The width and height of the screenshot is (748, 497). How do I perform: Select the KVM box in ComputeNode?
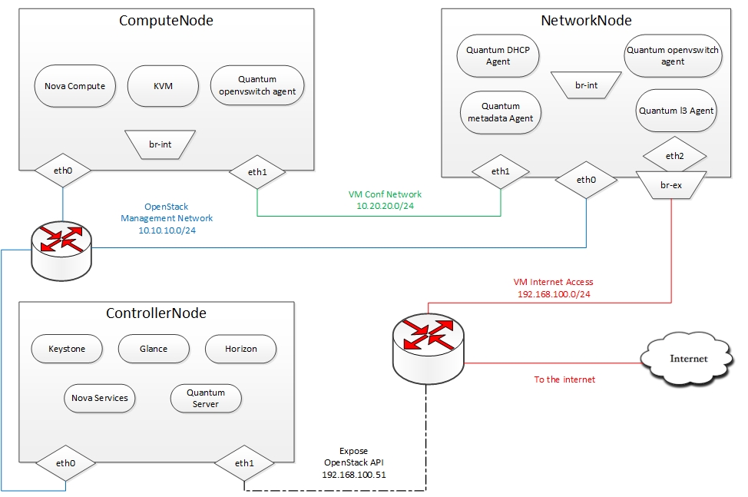163,86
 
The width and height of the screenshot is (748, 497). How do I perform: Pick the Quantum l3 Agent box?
677,111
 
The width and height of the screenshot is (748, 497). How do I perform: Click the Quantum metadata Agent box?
501,112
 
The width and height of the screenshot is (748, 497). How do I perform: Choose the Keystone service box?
67,349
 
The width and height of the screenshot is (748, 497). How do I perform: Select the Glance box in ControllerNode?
154,349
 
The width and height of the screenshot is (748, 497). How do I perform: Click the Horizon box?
241,349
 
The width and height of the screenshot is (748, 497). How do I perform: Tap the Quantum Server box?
205,398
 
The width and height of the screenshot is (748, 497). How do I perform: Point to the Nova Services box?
100,398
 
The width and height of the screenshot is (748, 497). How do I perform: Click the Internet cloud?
688,359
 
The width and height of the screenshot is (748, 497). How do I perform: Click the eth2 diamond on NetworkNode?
674,156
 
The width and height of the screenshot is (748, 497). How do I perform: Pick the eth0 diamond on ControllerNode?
65,464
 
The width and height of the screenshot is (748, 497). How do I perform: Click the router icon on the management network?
62,249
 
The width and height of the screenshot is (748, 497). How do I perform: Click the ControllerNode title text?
156,313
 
